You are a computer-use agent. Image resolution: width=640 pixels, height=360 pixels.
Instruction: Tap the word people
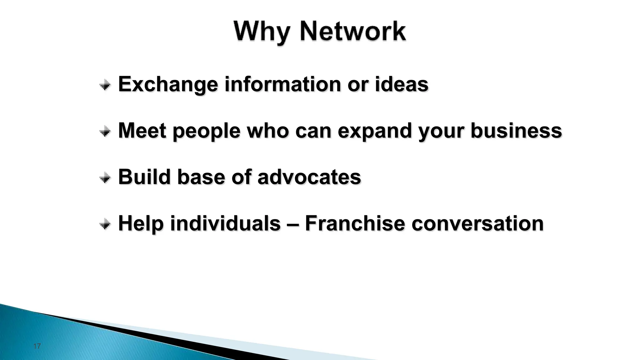pos(206,131)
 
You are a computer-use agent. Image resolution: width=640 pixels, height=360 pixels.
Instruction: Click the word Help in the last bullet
pos(141,224)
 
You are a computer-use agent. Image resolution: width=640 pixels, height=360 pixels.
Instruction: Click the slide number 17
pos(37,346)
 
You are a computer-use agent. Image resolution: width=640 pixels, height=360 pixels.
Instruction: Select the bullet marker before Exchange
pos(105,85)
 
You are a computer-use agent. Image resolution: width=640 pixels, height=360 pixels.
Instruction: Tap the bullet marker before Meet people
pos(105,132)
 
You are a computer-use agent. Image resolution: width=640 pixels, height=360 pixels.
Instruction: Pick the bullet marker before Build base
pos(105,178)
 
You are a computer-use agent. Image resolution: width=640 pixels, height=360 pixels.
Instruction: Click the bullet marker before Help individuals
pos(105,224)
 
